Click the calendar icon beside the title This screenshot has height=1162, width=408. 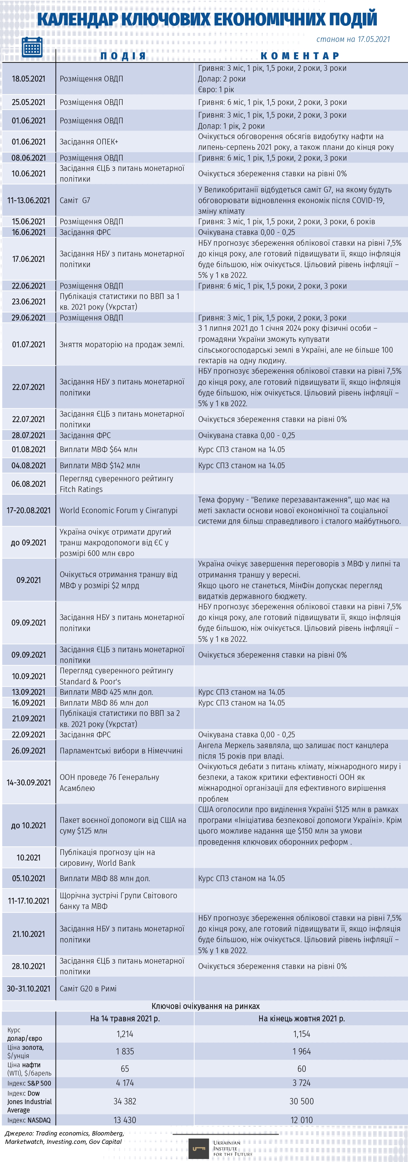click(32, 47)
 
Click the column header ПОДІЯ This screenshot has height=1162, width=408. click(123, 56)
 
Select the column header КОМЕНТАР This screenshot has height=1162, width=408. click(300, 56)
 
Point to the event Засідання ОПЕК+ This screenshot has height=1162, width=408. click(89, 142)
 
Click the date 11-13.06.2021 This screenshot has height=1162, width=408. click(28, 200)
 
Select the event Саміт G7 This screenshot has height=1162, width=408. click(75, 200)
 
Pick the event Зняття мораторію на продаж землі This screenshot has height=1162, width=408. click(122, 345)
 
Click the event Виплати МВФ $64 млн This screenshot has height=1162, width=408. click(98, 449)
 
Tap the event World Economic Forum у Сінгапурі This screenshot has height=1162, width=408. click(118, 510)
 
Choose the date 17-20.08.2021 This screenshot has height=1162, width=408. click(28, 510)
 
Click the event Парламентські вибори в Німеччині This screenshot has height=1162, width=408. click(121, 751)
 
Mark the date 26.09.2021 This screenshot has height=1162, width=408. click(28, 751)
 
